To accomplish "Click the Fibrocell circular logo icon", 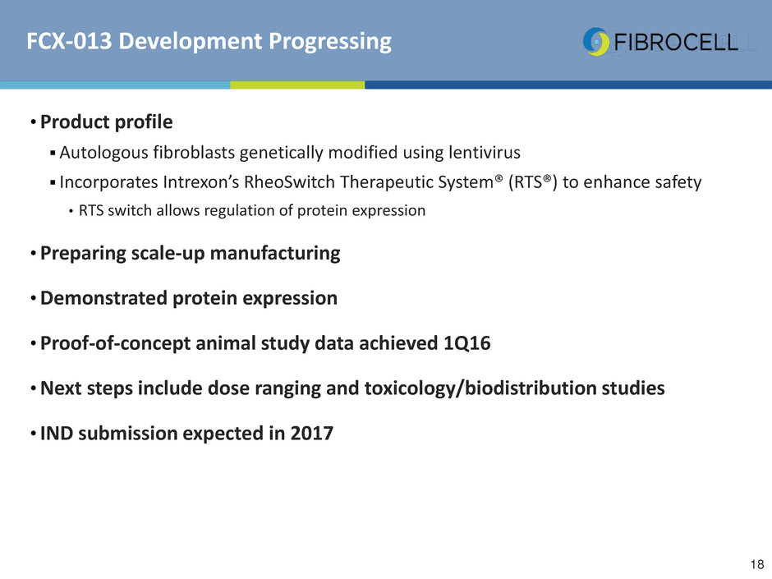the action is (x=596, y=41).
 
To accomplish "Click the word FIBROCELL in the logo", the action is (x=676, y=43).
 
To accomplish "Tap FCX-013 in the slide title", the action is (x=70, y=41).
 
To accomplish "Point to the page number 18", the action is (x=757, y=564).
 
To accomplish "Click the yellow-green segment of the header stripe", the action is (x=297, y=85).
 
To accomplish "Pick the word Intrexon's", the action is (x=201, y=182).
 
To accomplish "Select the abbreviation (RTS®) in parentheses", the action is (x=533, y=182).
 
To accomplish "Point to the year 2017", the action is (x=311, y=434).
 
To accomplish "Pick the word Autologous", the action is (x=103, y=153).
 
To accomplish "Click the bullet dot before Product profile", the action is (x=33, y=122).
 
